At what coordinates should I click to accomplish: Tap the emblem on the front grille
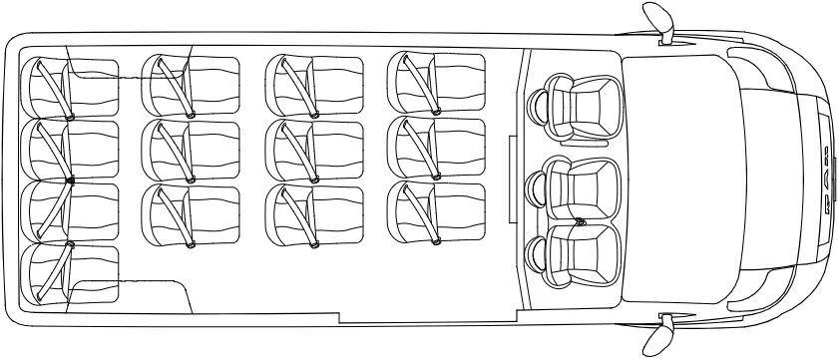(827, 180)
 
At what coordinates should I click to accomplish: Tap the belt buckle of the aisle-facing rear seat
(70, 243)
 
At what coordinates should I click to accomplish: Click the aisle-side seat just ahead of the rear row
(193, 211)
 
